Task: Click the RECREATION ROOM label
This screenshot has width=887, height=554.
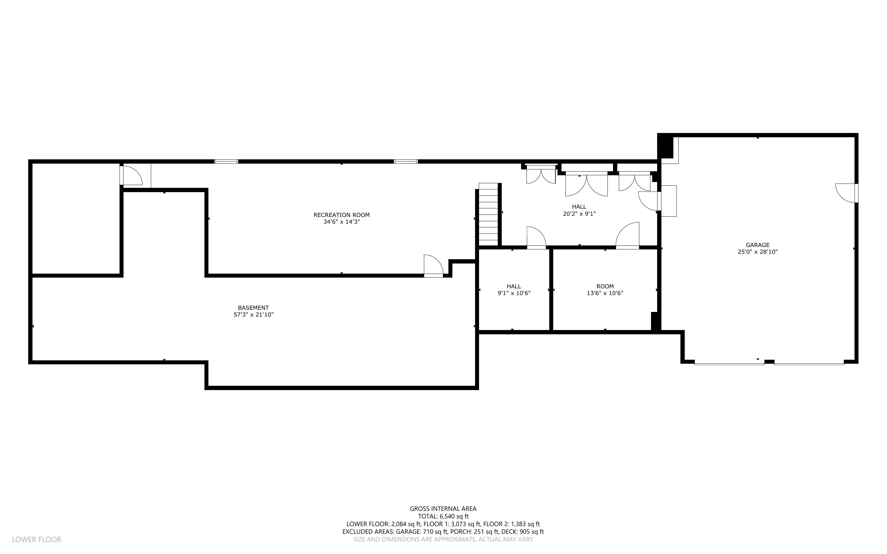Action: pos(341,215)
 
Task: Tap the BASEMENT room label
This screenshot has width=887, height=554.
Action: pos(253,308)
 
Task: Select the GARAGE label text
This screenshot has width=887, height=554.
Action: pos(758,245)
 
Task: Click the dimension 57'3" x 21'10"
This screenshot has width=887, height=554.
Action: pos(253,315)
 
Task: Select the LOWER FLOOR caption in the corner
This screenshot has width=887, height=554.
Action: pos(37,539)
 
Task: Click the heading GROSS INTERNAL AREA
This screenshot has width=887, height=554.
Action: pos(443,509)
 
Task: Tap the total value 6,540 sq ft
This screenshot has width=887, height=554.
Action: pos(454,516)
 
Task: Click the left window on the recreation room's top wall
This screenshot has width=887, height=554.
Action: pos(226,161)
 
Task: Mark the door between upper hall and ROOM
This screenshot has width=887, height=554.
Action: pos(627,236)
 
